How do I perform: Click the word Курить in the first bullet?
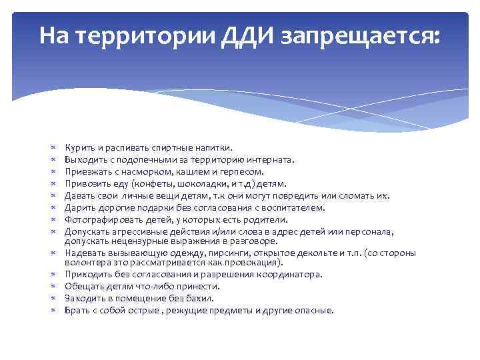pyautogui.click(x=79, y=147)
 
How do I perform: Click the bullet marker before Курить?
pyautogui.click(x=53, y=147)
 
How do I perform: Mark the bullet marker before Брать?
pyautogui.click(x=53, y=310)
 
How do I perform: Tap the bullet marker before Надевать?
pyautogui.click(x=53, y=253)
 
